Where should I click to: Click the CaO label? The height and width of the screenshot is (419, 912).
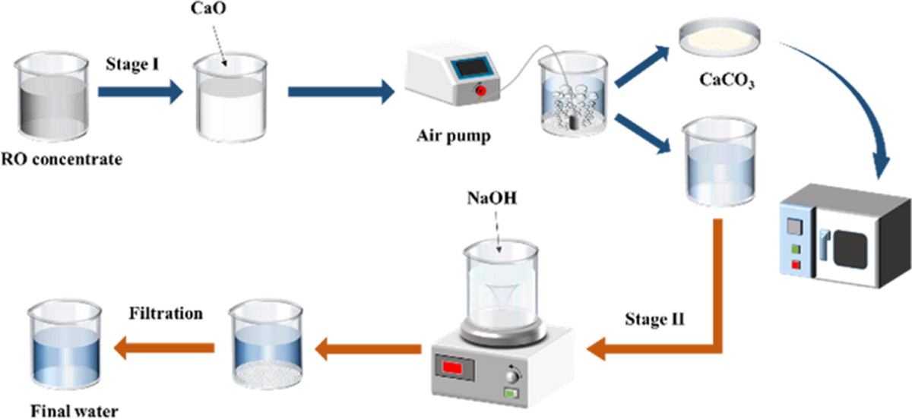pos(208,8)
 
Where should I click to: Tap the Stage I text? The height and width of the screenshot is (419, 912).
pos(132,65)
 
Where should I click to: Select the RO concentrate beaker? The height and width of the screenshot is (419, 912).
pos(52,97)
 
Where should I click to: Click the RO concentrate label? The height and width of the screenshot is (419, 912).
pos(62,159)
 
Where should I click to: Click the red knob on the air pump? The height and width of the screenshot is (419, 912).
pos(481,90)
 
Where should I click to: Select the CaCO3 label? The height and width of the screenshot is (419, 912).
pos(727,80)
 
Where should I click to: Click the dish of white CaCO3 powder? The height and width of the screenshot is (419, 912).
pos(720,36)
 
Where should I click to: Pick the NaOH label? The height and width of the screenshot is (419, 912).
pos(492,198)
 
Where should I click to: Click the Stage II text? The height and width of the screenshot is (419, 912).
pos(654,320)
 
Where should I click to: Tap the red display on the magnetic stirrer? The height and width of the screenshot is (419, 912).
pos(452,367)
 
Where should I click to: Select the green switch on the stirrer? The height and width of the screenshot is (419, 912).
pos(511,393)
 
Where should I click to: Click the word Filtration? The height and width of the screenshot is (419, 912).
pos(166,313)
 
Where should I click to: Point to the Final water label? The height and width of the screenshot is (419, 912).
pos(74,411)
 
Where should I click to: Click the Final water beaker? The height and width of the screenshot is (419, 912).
pos(65,345)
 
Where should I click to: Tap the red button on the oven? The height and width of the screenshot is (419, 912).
pos(796,265)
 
